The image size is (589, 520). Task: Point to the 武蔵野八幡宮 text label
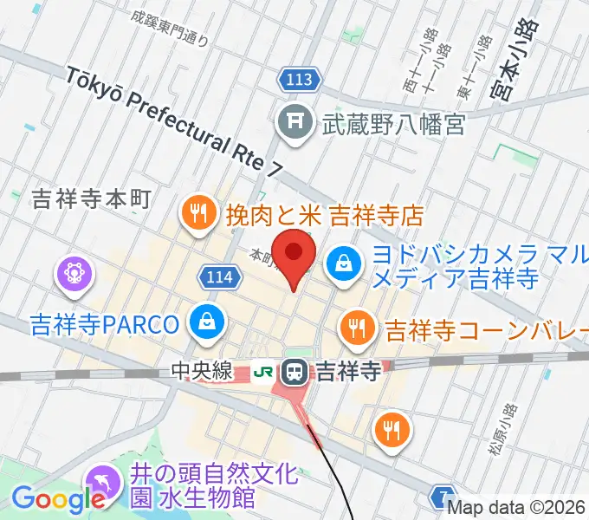394,124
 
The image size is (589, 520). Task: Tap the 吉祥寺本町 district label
91,200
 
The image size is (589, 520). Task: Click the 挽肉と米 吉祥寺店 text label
324,213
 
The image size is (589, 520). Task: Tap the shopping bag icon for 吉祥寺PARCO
208,322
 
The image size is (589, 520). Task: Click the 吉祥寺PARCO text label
105,325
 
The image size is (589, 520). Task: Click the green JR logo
262,373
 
